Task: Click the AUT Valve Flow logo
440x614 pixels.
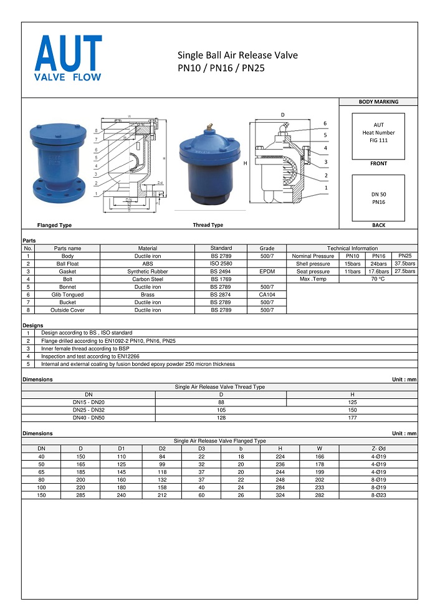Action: pos(69,59)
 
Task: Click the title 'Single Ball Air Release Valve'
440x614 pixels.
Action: pos(237,55)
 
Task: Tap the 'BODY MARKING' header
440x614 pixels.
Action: pos(378,102)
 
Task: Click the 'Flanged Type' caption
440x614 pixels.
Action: pos(54,225)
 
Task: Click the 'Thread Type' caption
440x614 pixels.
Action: pos(208,225)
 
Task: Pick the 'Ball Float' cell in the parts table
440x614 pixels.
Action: pos(67,264)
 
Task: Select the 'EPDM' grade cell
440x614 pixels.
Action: pos(267,272)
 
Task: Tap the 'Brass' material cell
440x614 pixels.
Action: pos(148,295)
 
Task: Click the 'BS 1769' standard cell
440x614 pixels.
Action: pos(221,279)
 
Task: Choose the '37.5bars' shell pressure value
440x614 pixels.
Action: pos(405,264)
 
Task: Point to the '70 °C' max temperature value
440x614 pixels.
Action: pos(378,279)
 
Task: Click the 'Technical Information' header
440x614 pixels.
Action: pos(352,248)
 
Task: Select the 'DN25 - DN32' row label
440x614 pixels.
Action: pos(88,410)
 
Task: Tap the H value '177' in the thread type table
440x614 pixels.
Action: pos(352,418)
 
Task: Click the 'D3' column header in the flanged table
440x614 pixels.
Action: pos(201,449)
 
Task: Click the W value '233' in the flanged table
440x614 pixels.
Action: pos(319,487)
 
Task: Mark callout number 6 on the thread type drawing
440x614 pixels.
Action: pos(325,123)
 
